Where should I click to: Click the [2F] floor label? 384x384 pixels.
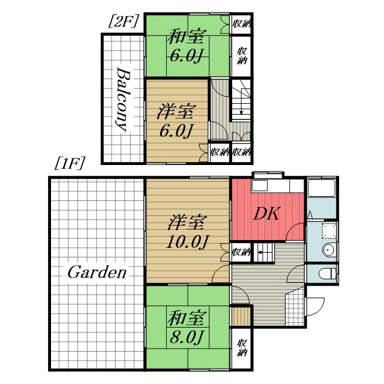[x=123, y=22]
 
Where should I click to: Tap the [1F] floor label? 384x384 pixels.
[x=70, y=163]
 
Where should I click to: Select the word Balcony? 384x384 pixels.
[x=122, y=99]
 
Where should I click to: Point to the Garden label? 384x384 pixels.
[x=97, y=272]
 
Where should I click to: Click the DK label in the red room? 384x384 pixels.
[x=267, y=214]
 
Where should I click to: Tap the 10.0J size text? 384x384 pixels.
[x=187, y=242]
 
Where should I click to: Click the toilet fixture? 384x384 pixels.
[x=328, y=274]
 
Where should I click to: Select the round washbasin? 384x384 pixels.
[x=328, y=250]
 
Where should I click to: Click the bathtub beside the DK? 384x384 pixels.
[x=322, y=188]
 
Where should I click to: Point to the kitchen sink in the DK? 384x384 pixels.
[x=260, y=185]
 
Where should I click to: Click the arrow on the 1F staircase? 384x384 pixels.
[x=263, y=252]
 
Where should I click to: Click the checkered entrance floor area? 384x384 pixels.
[x=295, y=307]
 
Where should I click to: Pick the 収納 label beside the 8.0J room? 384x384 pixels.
[x=242, y=347]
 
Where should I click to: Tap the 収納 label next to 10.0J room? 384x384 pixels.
[x=241, y=252]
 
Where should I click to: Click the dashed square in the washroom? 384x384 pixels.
[x=329, y=230]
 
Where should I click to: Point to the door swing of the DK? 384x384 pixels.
[x=295, y=232]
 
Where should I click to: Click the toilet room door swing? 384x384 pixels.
[x=296, y=274]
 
